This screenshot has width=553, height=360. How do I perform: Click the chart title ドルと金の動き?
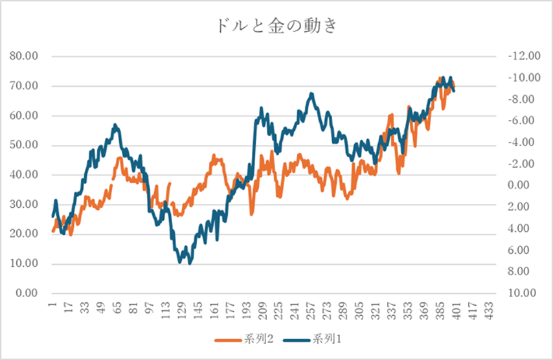click(x=276, y=27)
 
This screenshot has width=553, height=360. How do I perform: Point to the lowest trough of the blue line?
click(x=190, y=263)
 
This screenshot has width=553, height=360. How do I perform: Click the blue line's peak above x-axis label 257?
click(x=311, y=94)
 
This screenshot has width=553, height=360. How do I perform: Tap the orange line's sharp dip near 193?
click(x=252, y=213)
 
